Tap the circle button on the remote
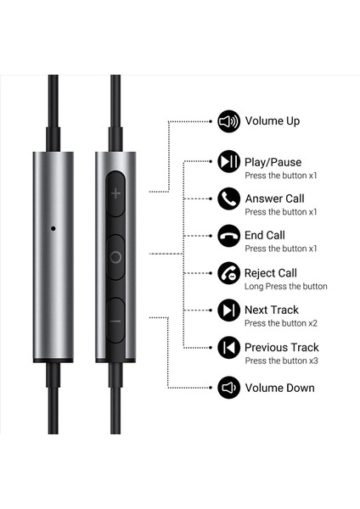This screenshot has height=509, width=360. click(115, 256)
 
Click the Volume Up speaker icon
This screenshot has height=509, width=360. click(228, 121)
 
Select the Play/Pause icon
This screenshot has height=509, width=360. click(228, 161)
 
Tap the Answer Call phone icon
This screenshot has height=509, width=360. click(228, 199)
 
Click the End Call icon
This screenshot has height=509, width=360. click(228, 236)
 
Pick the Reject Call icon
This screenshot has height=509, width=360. click(228, 273)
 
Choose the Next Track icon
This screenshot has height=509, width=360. click(228, 310)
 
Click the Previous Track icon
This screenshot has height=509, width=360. click(228, 348)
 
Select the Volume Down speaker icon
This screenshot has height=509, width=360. click(228, 388)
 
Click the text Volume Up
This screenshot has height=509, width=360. click(272, 121)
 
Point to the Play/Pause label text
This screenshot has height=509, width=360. click(273, 162)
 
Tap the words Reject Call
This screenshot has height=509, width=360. click(270, 273)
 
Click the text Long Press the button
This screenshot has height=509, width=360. click(285, 287)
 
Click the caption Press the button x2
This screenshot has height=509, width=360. click(280, 324)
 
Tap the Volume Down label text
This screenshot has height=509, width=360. click(279, 388)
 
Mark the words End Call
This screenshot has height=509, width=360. click(265, 235)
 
